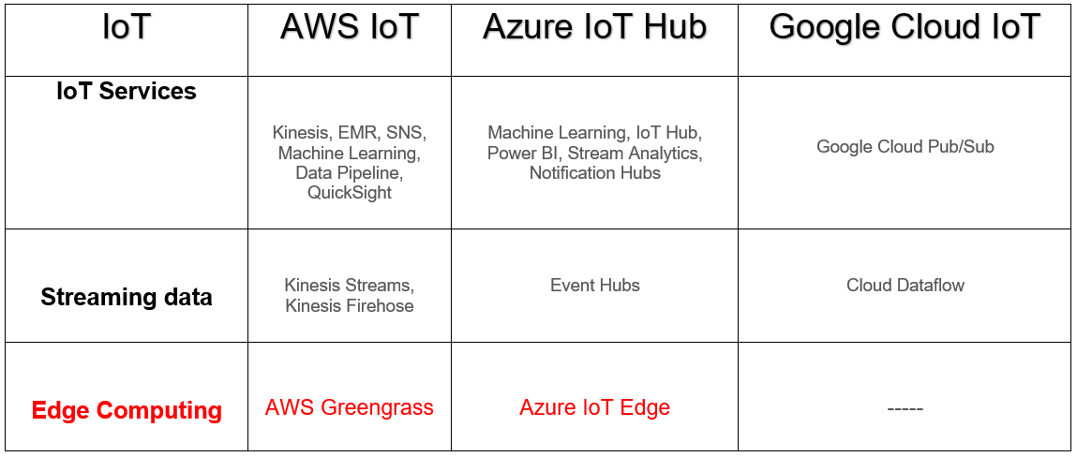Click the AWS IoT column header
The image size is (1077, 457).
pyautogui.click(x=349, y=27)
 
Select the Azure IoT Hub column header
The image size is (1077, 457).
pyautogui.click(x=594, y=27)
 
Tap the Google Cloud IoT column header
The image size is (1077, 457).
pyautogui.click(x=905, y=27)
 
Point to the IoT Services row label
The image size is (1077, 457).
pyautogui.click(x=127, y=92)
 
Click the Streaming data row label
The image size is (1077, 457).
pyautogui.click(x=127, y=298)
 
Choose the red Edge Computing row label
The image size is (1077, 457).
pyautogui.click(x=127, y=410)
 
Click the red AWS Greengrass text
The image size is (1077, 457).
pyautogui.click(x=349, y=407)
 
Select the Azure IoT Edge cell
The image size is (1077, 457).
pyautogui.click(x=594, y=407)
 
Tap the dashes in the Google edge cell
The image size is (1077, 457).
pyautogui.click(x=905, y=409)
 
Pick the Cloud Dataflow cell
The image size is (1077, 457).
pyautogui.click(x=905, y=286)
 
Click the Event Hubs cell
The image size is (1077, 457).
pyautogui.click(x=594, y=286)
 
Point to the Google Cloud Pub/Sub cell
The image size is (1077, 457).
pyautogui.click(x=905, y=147)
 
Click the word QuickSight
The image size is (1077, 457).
pyautogui.click(x=349, y=193)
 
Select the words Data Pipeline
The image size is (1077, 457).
pyautogui.click(x=349, y=173)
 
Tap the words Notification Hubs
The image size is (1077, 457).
pyautogui.click(x=594, y=173)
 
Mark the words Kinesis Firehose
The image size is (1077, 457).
pyautogui.click(x=349, y=305)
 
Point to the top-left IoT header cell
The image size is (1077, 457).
pyautogui.click(x=127, y=27)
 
